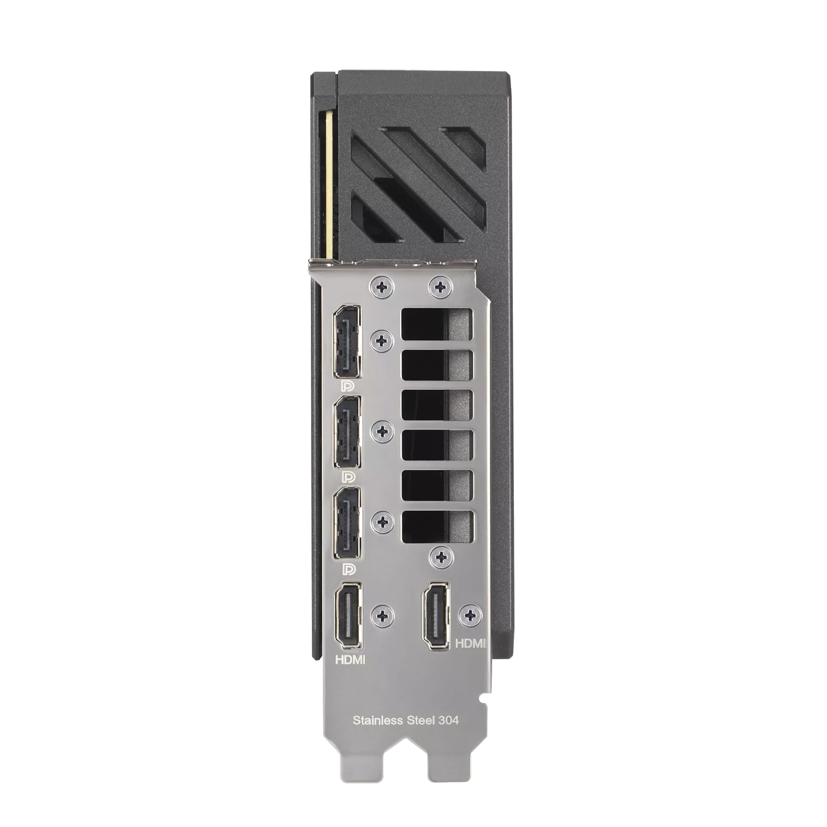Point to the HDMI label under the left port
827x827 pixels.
point(350,659)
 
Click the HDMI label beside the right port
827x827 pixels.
point(470,643)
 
